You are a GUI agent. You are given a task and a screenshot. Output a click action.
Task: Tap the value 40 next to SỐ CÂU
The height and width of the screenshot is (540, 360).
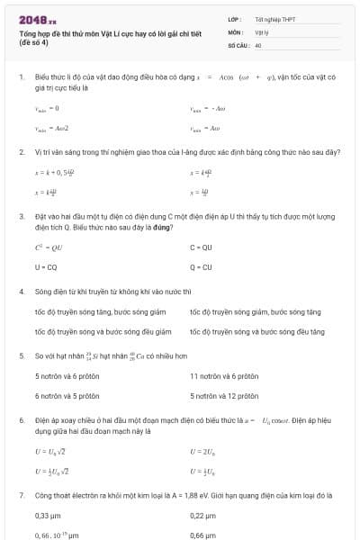258,44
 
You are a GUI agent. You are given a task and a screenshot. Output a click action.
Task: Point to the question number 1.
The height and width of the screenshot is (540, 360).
21,77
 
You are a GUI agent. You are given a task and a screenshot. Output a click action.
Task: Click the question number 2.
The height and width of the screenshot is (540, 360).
21,152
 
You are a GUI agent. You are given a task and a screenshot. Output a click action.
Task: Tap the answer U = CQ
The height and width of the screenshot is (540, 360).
46,267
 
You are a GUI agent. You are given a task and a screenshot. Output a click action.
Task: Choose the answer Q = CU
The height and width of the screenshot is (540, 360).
201,267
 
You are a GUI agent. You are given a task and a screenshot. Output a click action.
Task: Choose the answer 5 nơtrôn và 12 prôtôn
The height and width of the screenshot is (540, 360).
224,395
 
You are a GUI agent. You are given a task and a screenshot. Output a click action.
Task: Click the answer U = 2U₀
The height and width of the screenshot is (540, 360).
202,451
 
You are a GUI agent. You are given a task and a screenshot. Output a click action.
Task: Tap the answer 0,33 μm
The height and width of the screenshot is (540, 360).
48,516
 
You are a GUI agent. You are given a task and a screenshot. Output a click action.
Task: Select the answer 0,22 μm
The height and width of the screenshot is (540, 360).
202,516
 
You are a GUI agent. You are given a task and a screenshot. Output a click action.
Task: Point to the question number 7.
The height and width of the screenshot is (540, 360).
21,495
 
